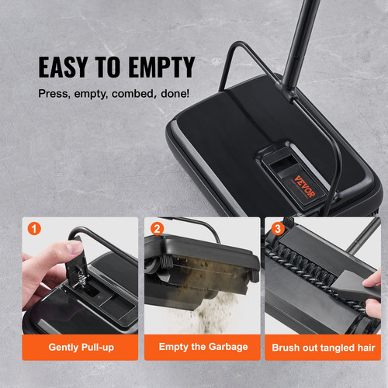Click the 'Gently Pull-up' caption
click(81, 347)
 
